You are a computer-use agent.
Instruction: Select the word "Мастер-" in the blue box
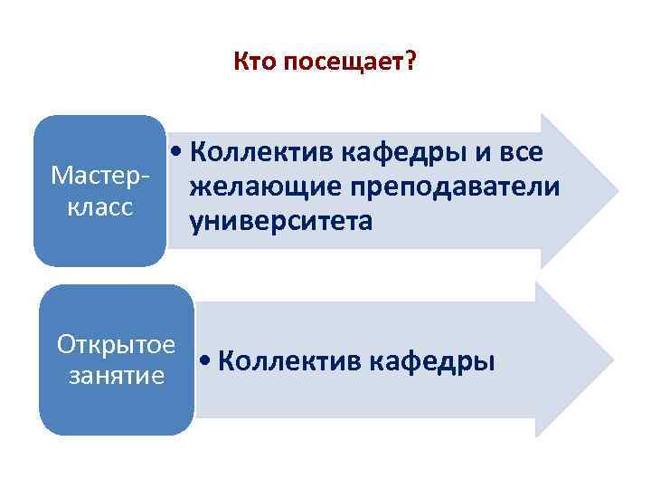tap(99, 174)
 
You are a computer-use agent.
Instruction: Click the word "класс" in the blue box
tap(99, 206)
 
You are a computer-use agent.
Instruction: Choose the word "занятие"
tap(116, 374)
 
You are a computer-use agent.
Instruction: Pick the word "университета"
tap(281, 221)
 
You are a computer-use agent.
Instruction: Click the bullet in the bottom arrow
tap(207, 361)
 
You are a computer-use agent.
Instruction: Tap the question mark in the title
tap(410, 62)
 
